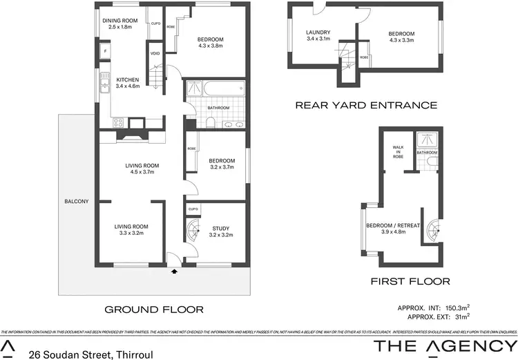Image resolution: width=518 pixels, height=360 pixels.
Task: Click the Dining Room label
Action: point(121,21)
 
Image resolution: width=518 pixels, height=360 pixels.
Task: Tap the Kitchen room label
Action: point(128,80)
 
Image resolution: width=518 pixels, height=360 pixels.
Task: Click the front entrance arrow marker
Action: point(173,272)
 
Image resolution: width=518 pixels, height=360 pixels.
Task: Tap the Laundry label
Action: point(318,32)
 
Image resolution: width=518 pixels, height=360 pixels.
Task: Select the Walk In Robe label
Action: point(399,152)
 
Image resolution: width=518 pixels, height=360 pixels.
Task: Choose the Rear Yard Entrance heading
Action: point(365,106)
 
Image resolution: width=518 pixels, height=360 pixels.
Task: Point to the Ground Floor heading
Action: point(153,309)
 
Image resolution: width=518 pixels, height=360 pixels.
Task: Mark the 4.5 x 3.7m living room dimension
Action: point(142,173)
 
